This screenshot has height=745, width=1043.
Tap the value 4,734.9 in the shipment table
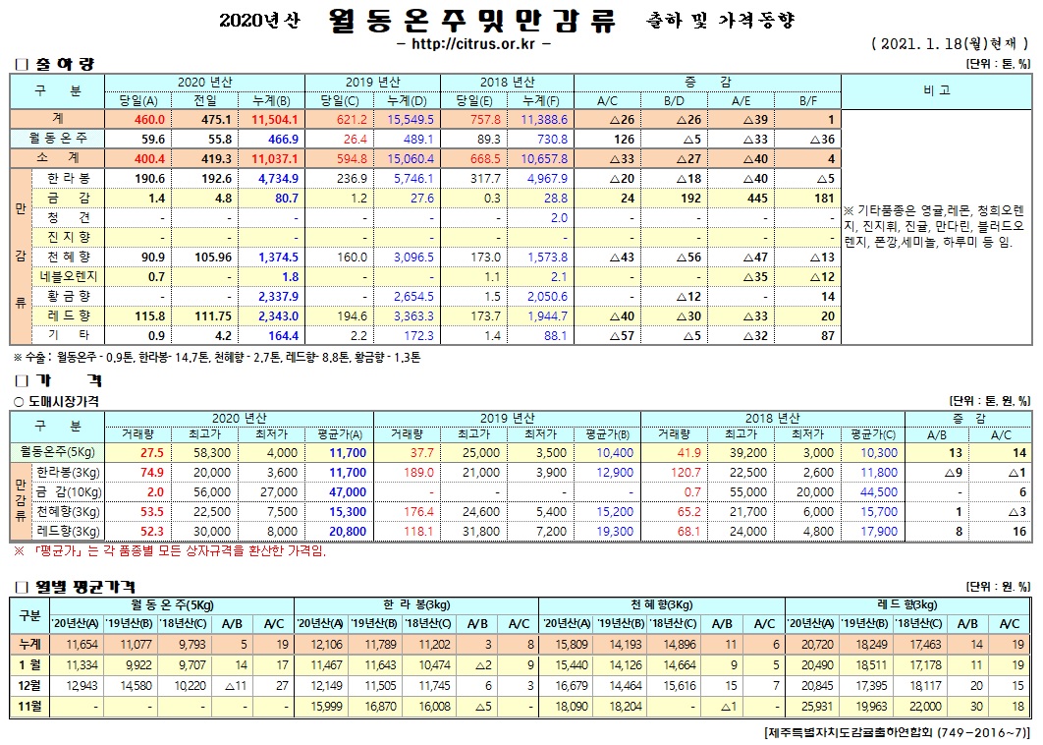click(x=277, y=178)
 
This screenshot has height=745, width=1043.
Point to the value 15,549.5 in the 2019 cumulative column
click(x=406, y=119)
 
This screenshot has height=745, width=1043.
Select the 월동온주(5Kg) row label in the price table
click(x=57, y=452)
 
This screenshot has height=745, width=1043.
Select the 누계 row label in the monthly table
click(x=29, y=644)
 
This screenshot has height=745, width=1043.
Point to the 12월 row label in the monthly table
click(x=29, y=685)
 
